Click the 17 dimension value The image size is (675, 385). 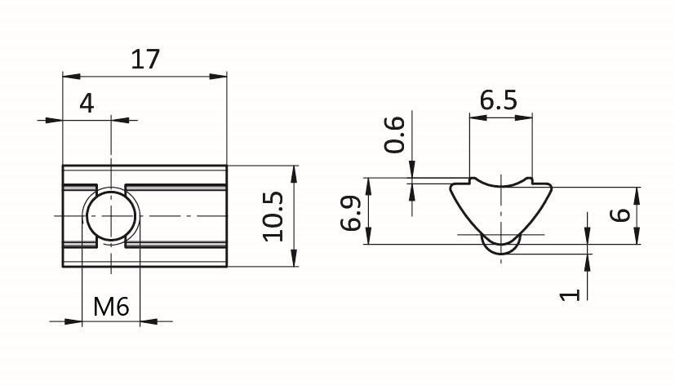coord(145,60)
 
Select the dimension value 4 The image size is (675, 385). coord(87,104)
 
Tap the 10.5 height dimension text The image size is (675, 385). coord(273,216)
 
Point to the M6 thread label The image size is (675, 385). coord(111,307)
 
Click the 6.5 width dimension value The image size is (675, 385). coord(498,101)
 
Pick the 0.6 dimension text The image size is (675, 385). coord(394,135)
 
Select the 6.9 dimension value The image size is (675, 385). coord(350,213)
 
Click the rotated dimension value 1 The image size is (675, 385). coord(570,294)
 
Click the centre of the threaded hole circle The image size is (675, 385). coord(111,215)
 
